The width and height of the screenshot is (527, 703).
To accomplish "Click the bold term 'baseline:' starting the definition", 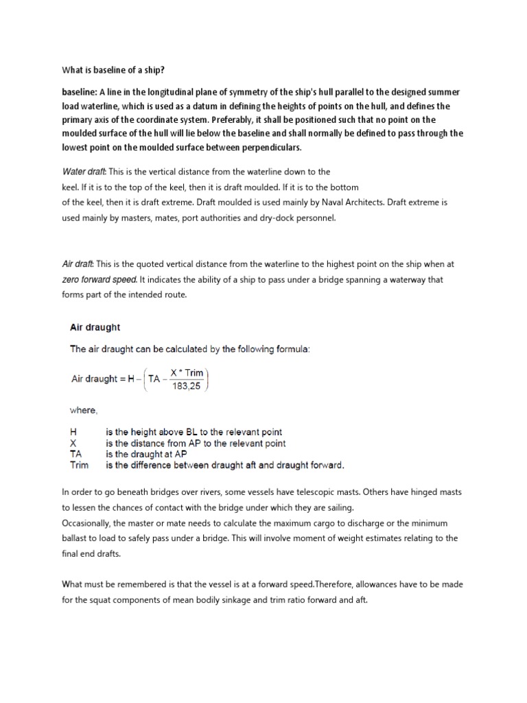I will (x=80, y=92).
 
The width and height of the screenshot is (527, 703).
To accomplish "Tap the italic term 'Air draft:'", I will (x=78, y=264).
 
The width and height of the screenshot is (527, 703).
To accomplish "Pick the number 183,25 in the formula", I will (x=187, y=384).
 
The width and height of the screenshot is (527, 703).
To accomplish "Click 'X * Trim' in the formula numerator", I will (x=187, y=373).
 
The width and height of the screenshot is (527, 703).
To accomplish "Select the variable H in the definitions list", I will (x=75, y=433).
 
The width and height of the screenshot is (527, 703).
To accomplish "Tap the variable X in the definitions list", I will (x=74, y=443).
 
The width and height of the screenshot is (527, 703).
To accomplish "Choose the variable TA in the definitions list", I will (x=78, y=454).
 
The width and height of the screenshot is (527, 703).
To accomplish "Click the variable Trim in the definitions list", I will (x=80, y=465).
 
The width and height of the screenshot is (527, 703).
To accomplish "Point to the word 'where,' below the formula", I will (x=84, y=410).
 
